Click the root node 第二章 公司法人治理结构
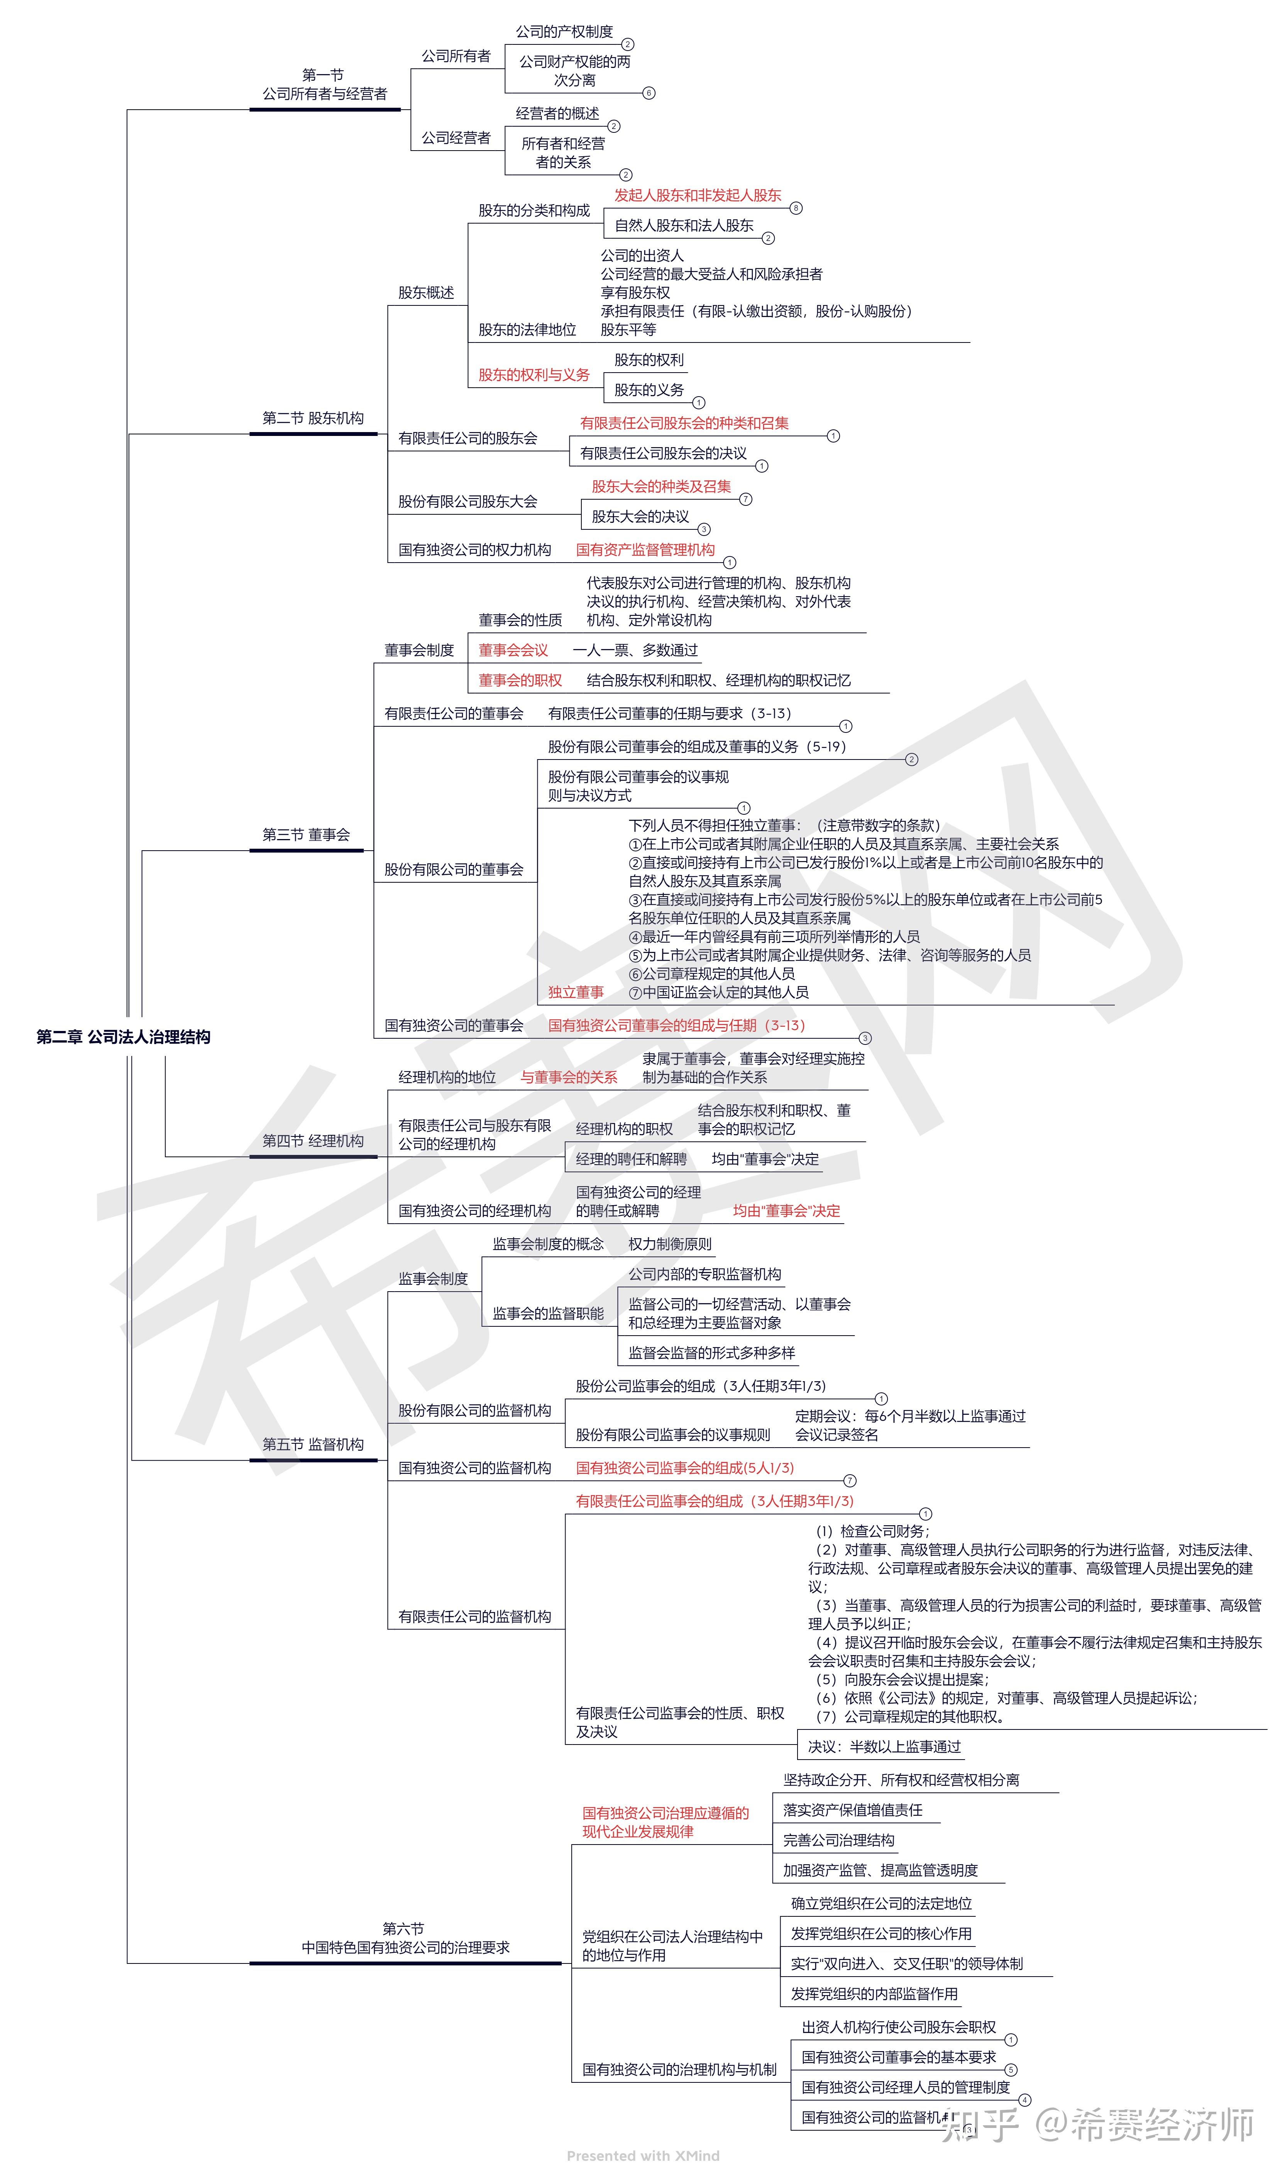pyautogui.click(x=123, y=1036)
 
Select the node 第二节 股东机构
pyautogui.click(x=313, y=418)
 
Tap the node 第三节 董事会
pyautogui.click(x=306, y=834)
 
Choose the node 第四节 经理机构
pyautogui.click(x=313, y=1141)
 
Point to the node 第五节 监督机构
pyautogui.click(x=313, y=1444)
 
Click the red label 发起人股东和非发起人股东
pyautogui.click(x=697, y=195)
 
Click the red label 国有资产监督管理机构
pyautogui.click(x=645, y=550)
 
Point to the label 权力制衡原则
pyautogui.click(x=669, y=1244)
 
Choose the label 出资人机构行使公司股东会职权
pyautogui.click(x=899, y=2027)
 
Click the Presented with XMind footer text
pyautogui.click(x=643, y=2155)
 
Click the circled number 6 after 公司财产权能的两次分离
pyautogui.click(x=649, y=93)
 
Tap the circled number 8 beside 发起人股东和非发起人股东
pyautogui.click(x=796, y=208)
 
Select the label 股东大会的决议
pyautogui.click(x=640, y=516)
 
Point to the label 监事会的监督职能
pyautogui.click(x=548, y=1313)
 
